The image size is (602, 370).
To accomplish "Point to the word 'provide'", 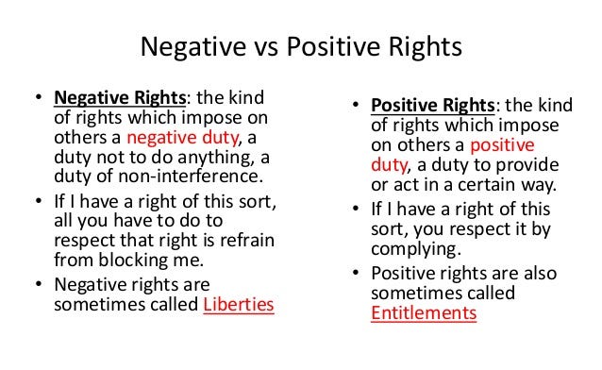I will (531, 166).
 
